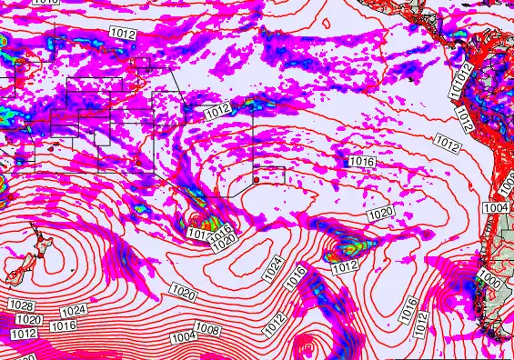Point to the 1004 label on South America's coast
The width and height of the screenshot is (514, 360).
point(496,208)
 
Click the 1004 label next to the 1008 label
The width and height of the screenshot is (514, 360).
point(184,337)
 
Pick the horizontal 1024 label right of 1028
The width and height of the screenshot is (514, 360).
point(74,311)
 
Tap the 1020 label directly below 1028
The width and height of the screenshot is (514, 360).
point(29,320)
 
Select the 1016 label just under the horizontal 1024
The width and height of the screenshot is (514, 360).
point(63,325)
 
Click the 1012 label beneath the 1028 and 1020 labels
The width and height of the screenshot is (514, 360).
point(23,334)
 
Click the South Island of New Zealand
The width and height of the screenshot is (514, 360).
point(13,273)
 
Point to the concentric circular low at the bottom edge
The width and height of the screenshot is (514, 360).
point(305,348)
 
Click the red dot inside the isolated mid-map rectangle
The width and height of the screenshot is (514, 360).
point(257,181)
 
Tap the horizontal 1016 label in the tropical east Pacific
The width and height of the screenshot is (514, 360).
point(362,161)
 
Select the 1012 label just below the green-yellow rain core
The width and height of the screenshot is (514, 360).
point(345,267)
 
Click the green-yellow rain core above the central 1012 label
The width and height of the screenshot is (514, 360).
point(348,245)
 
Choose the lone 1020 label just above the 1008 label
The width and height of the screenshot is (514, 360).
point(182,294)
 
